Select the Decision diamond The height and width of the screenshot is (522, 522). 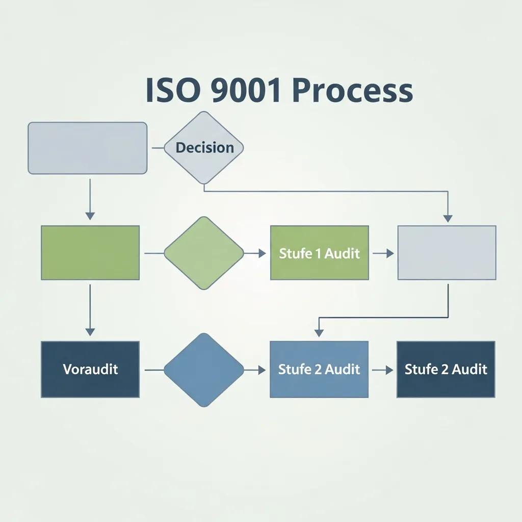tap(204, 148)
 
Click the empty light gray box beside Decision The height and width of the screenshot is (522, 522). tap(87, 148)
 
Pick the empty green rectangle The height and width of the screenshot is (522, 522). tap(90, 253)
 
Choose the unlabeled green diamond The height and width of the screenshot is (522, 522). tap(204, 253)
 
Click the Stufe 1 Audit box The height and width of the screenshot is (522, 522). tap(319, 253)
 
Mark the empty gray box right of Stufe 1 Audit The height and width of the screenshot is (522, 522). tap(447, 253)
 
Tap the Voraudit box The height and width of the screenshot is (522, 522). tap(90, 369)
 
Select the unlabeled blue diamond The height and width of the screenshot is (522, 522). tap(204, 370)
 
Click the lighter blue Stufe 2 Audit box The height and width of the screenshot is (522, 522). tap(319, 369)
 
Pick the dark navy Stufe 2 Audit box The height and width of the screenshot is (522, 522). tap(446, 369)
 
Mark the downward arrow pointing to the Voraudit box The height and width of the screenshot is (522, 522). tap(90, 311)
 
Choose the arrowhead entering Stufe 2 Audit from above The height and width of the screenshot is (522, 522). tap(319, 332)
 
